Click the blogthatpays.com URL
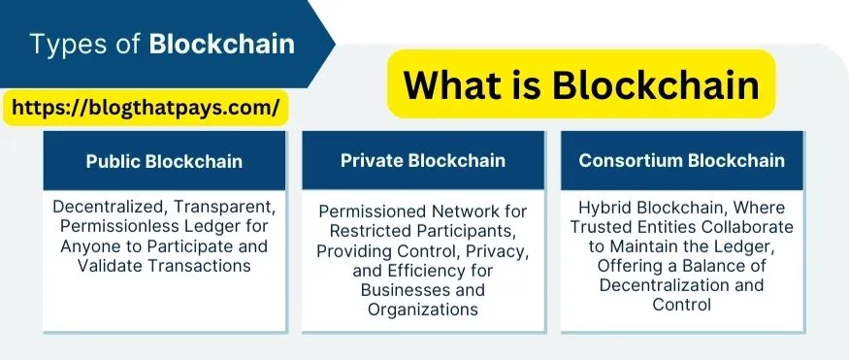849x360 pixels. click(146, 108)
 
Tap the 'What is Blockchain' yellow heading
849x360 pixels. click(581, 84)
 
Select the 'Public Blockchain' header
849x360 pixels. click(164, 161)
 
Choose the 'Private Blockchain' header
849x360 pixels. click(423, 160)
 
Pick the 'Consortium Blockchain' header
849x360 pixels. click(682, 160)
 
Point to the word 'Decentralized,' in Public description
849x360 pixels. click(110, 207)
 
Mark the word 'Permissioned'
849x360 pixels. click(370, 212)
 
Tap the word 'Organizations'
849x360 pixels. click(423, 310)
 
